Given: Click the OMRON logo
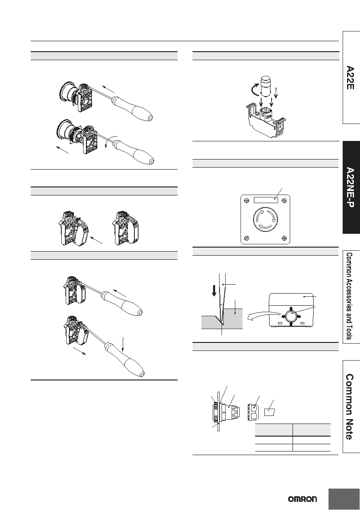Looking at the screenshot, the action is (x=302, y=499).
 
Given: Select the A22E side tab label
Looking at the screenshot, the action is (x=350, y=78).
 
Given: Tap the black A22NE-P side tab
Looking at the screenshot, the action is (x=351, y=187).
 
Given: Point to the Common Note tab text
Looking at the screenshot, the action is (x=350, y=407).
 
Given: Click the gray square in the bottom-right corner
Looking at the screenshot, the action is (x=344, y=499).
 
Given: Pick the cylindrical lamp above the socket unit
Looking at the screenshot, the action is (x=265, y=86).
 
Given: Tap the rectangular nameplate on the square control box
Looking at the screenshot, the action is (x=266, y=200).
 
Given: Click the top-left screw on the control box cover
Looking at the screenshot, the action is (x=246, y=200).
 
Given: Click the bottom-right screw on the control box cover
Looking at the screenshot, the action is (x=284, y=238).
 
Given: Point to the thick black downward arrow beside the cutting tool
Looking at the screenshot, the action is (x=214, y=291).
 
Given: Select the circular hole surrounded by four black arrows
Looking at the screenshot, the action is (x=290, y=316).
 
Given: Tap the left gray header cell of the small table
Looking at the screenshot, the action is (x=274, y=430).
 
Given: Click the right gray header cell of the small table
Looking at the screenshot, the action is (x=312, y=430).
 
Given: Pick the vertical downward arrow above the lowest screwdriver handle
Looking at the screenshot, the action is (x=123, y=344).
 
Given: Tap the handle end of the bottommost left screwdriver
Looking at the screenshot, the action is (x=142, y=374).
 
